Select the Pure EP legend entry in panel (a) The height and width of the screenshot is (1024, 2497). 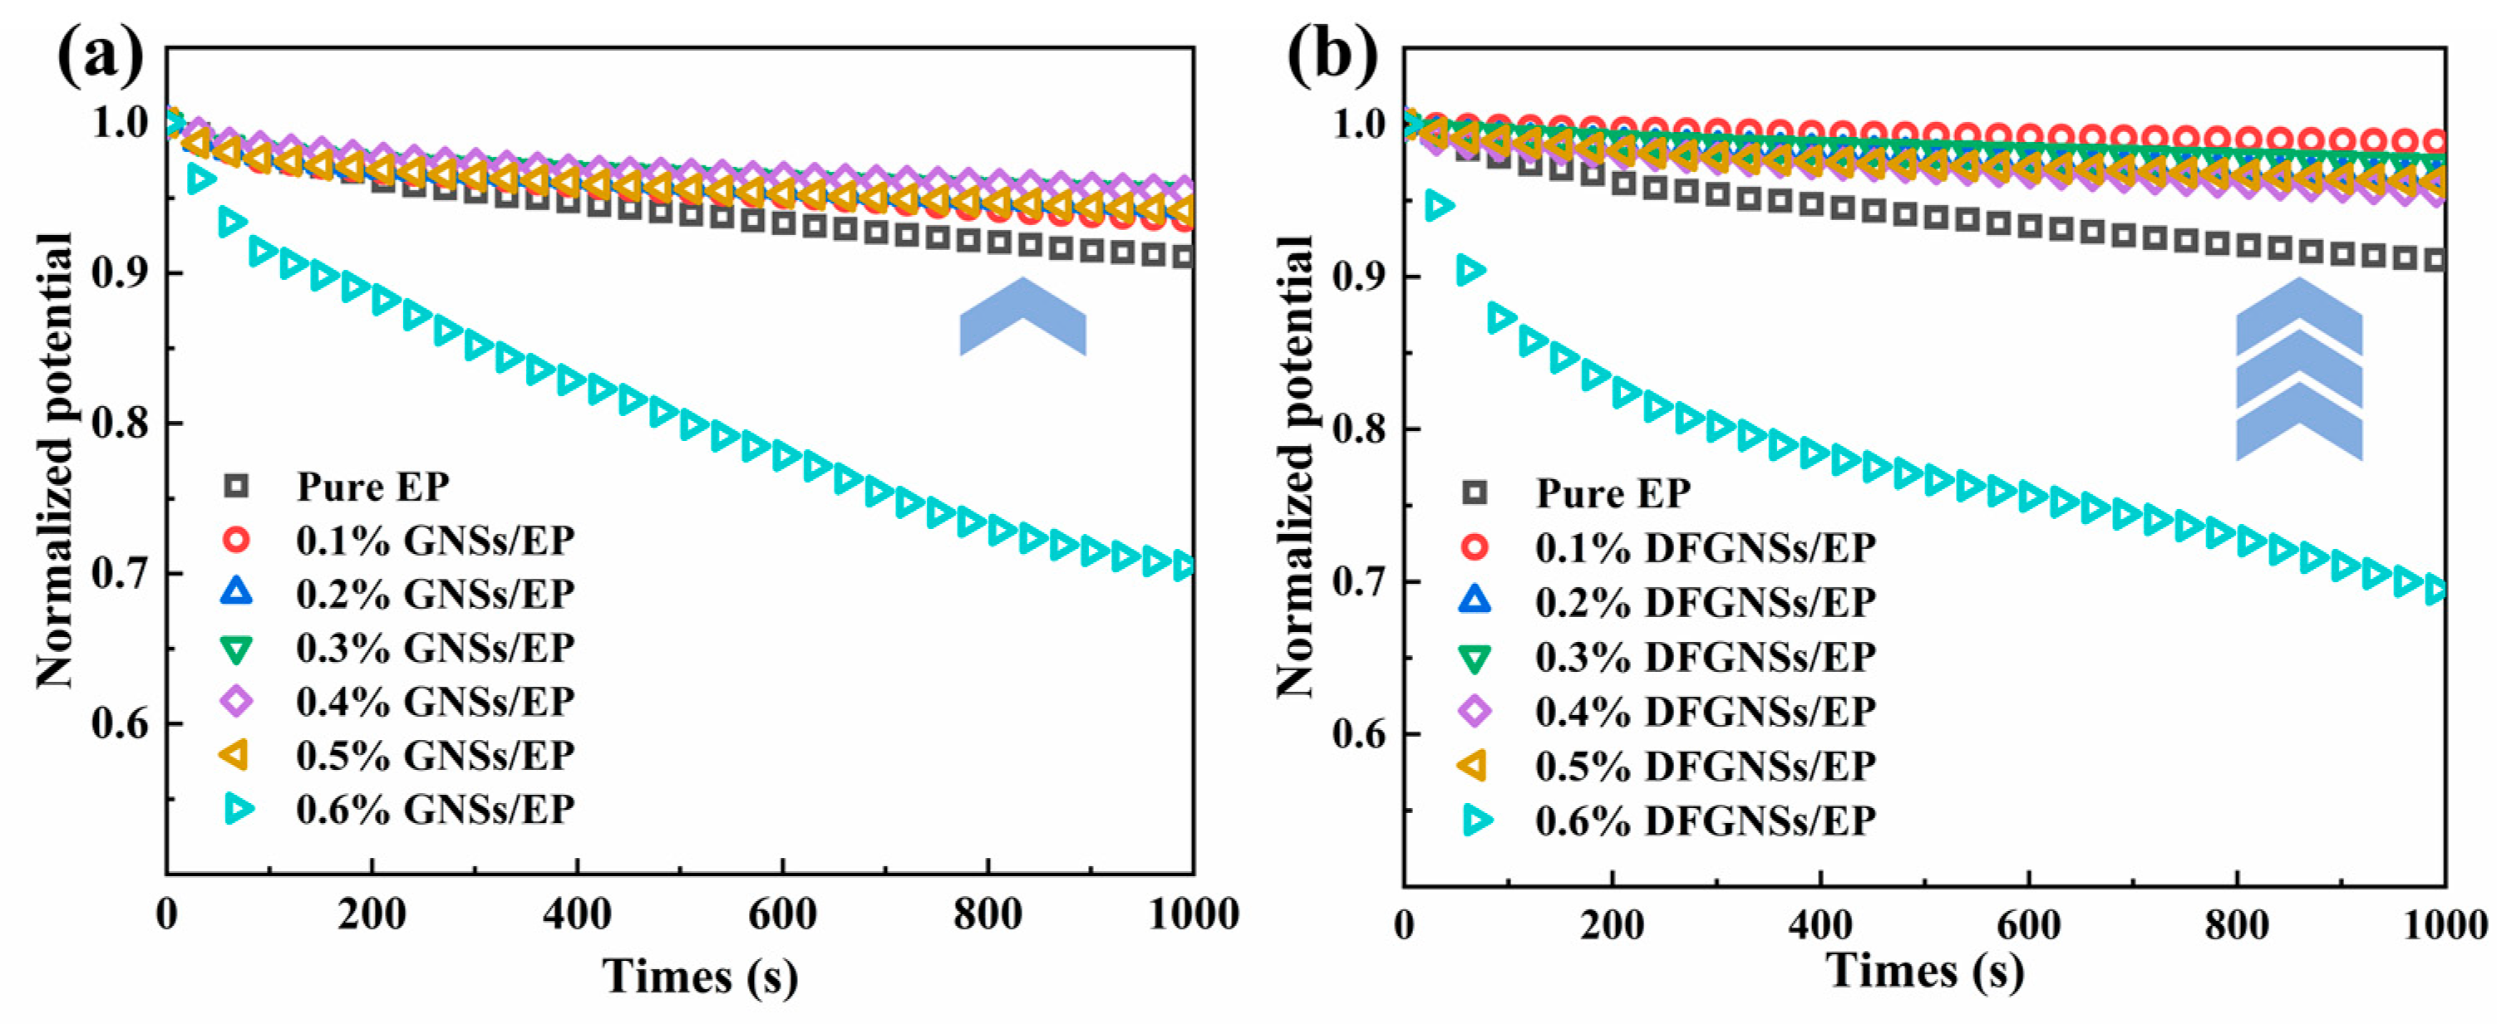pos(372,488)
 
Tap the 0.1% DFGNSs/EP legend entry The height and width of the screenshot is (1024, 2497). pos(1704,548)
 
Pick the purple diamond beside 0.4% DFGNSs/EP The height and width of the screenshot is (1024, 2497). pos(1475,711)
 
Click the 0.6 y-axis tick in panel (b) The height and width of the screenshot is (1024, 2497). pos(1361,734)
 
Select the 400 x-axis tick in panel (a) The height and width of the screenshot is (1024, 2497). pos(577,914)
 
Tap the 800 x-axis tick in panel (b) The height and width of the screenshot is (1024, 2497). pos(2236,924)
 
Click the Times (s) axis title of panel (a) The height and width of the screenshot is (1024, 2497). pos(700,976)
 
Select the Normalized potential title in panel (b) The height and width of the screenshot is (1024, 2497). pos(1294,465)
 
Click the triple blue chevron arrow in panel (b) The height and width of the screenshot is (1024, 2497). pos(2298,369)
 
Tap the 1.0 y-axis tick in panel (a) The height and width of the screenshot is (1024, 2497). pos(121,123)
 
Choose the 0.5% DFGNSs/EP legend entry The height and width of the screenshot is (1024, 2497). pos(1704,767)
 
